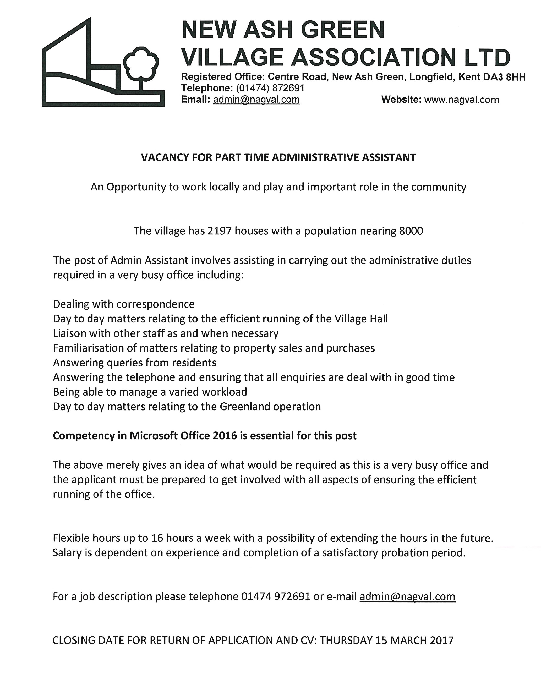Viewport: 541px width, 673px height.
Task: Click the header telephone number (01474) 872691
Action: tap(270, 88)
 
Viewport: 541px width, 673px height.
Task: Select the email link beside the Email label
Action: tap(256, 100)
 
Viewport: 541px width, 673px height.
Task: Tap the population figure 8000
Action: tap(411, 231)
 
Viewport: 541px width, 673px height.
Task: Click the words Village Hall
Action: tap(361, 319)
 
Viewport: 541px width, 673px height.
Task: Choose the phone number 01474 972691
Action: tap(276, 597)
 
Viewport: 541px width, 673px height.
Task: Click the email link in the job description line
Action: tap(407, 597)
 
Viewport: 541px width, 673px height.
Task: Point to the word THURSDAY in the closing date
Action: tap(346, 641)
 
